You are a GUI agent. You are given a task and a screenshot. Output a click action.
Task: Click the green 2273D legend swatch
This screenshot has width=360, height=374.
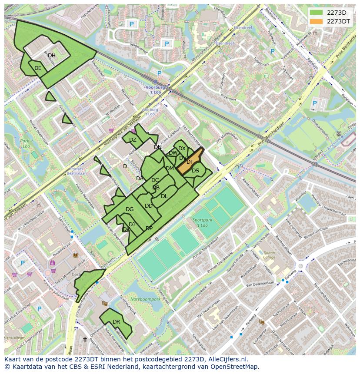pos(317,13)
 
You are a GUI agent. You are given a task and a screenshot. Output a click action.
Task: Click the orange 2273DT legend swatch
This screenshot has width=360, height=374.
pos(317,21)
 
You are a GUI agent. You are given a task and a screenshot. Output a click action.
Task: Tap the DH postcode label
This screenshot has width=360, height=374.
pos(52,56)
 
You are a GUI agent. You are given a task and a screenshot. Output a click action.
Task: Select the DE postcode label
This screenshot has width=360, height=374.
pos(38,68)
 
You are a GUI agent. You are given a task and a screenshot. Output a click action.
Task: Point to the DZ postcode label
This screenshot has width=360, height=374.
pos(133,140)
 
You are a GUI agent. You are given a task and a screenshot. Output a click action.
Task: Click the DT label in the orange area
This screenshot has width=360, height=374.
pos(190,162)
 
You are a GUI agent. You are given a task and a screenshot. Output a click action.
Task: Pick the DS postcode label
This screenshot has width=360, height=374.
pos(195,171)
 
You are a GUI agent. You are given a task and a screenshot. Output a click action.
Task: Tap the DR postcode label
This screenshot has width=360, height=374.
pos(116,322)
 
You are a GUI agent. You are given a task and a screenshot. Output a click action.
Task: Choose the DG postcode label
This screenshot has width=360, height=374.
pos(130,209)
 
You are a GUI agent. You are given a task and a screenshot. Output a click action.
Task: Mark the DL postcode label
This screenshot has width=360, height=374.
pos(164,196)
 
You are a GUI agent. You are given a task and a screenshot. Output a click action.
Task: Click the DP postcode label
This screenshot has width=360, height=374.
pos(149,228)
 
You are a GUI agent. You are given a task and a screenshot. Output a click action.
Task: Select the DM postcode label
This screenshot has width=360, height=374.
pos(170,169)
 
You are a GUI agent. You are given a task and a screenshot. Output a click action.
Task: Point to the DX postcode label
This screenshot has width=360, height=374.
pos(182,149)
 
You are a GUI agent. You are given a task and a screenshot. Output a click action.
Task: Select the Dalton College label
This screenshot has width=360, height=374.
pos(270,255)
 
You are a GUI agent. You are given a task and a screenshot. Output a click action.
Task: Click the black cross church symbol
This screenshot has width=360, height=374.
pos(85,340)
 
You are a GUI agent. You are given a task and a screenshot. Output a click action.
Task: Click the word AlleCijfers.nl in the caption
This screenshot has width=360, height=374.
pos(227,359)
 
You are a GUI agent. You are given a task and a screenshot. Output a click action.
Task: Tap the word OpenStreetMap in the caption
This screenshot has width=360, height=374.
pos(235,367)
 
